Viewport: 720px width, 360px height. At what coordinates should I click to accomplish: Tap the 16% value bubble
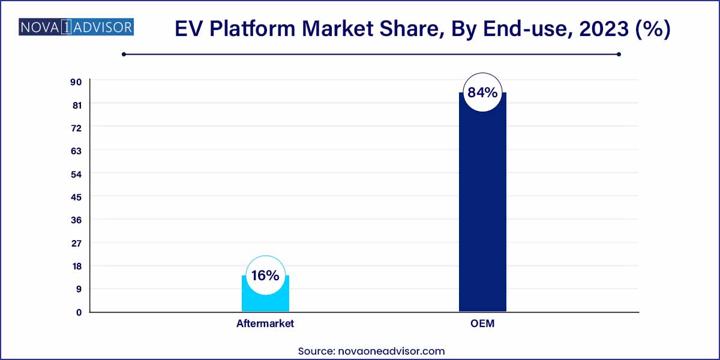click(265, 275)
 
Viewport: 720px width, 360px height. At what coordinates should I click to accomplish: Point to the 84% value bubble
click(482, 93)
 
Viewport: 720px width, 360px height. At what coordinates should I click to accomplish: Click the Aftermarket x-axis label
click(265, 324)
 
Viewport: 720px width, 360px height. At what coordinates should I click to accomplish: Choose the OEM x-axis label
click(482, 324)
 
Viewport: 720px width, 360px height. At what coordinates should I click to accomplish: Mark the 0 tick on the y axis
click(78, 312)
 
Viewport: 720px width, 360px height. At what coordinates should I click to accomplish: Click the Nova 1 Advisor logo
click(76, 28)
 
